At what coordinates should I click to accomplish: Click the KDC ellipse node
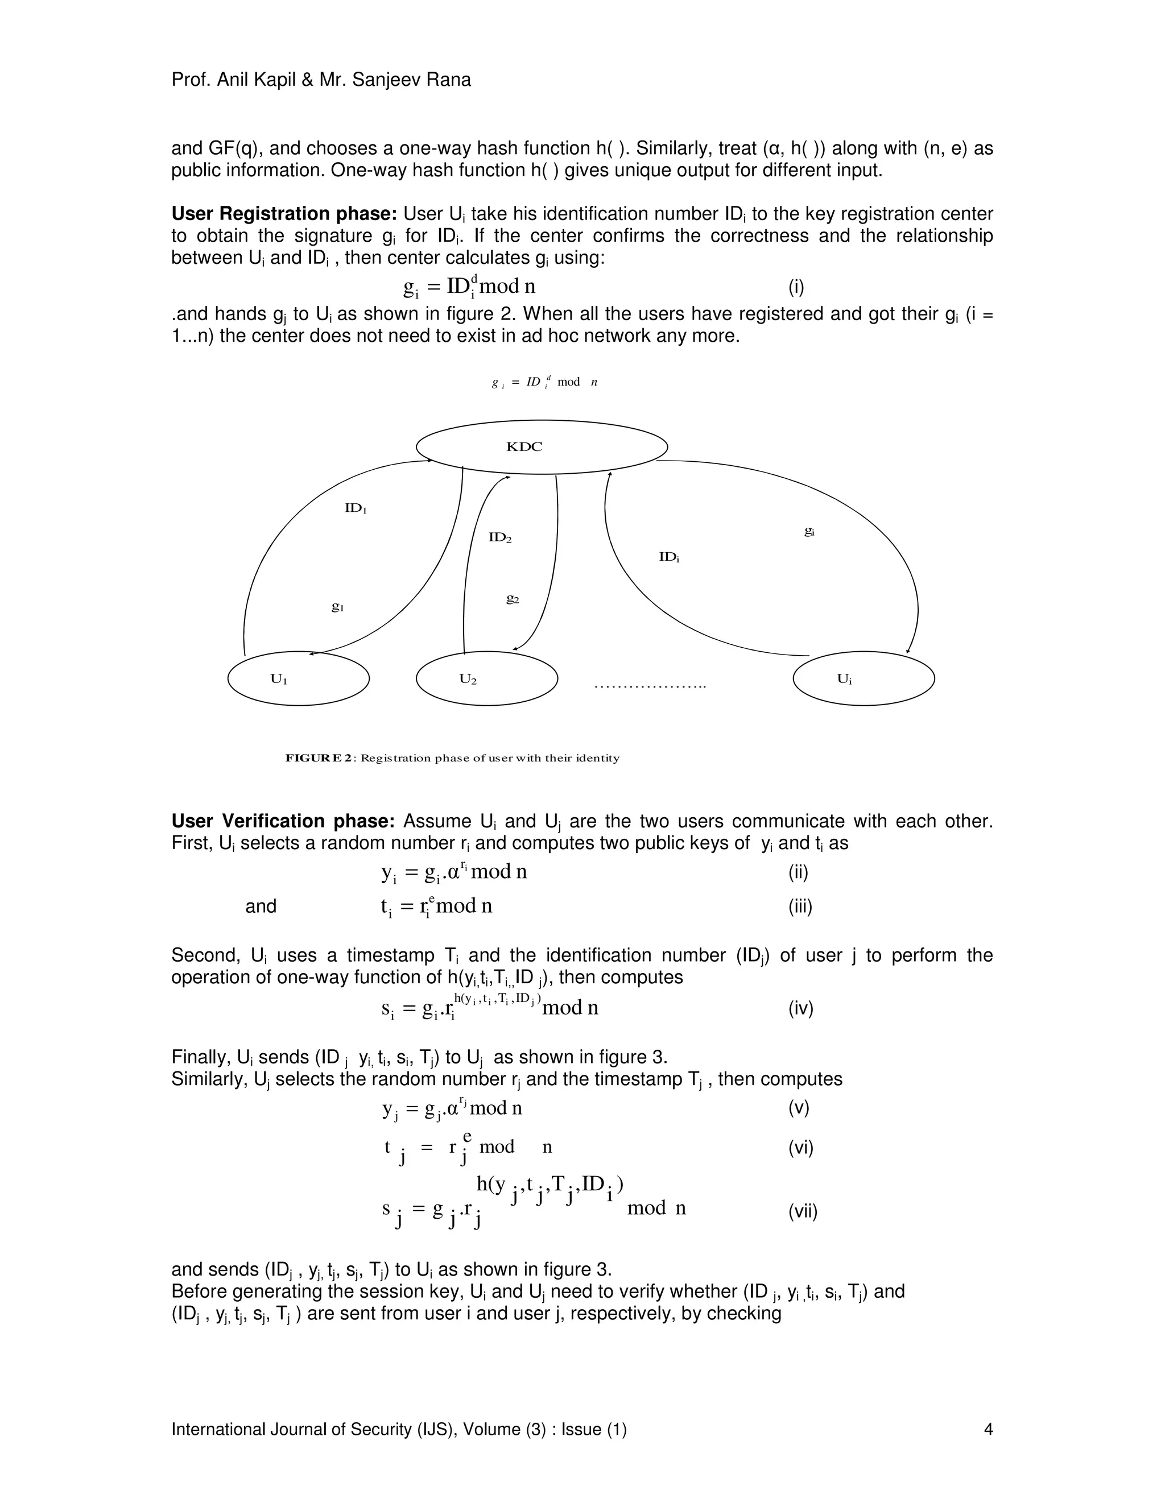tap(542, 447)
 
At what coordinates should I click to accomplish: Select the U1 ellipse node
tap(298, 679)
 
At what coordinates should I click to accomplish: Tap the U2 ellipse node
tap(486, 679)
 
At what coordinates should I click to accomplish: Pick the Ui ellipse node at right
tap(864, 679)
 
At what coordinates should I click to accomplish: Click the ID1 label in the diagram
tap(356, 508)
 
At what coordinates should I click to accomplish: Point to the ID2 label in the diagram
tap(499, 537)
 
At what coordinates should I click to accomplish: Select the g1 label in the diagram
tap(337, 607)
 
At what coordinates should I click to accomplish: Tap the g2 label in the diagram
tap(512, 599)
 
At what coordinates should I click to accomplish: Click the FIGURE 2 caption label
tap(320, 757)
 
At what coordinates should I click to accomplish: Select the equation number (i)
tap(796, 287)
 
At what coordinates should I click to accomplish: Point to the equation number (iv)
tap(800, 1009)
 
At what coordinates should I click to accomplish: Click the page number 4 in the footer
tap(988, 1429)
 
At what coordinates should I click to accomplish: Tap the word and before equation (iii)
tap(261, 906)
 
